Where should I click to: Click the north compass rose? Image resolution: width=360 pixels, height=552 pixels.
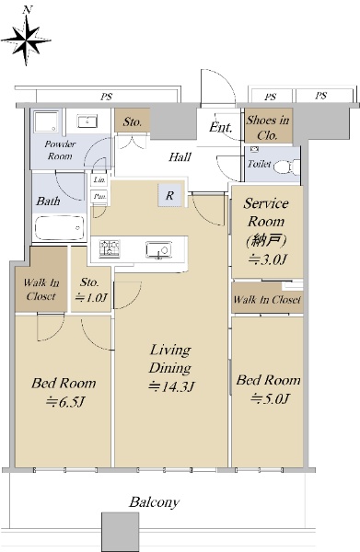(26, 40)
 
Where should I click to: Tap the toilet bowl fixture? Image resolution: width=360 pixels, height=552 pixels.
(286, 167)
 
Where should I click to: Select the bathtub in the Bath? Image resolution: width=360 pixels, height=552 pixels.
(60, 228)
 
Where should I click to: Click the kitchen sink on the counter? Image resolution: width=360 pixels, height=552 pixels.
(158, 249)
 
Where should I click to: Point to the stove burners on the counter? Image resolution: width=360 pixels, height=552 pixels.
(110, 248)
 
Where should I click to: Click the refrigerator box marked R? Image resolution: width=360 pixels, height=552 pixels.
(170, 195)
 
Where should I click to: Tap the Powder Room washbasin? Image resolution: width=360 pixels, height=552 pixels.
(87, 121)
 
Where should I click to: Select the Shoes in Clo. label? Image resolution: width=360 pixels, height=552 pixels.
(268, 127)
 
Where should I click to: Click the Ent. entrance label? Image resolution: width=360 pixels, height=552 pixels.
(220, 127)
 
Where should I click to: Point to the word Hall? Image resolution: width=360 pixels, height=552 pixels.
(180, 156)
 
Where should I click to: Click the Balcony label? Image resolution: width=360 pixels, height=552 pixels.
(155, 502)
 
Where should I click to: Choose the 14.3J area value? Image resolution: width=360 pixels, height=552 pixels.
(171, 386)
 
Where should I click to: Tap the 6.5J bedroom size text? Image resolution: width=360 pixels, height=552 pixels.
(65, 402)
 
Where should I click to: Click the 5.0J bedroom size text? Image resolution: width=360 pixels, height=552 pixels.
(270, 399)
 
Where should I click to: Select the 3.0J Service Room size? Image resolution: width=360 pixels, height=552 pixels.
(267, 259)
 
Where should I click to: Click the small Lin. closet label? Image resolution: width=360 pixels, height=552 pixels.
(99, 180)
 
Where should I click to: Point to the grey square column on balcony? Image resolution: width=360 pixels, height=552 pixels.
(120, 532)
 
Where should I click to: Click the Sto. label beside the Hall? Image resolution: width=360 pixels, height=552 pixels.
(132, 121)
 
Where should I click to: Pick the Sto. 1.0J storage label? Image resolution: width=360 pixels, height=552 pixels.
(90, 290)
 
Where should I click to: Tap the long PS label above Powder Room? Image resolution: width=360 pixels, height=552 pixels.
(107, 96)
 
